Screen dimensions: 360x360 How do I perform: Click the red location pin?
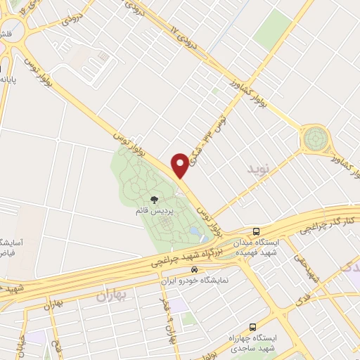pos(181,165)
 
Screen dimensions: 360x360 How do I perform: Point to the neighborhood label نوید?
pos(257,169)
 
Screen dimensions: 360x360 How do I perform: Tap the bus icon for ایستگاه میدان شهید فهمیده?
pos(257,231)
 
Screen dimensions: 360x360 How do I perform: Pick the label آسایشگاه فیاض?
pos(9,246)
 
